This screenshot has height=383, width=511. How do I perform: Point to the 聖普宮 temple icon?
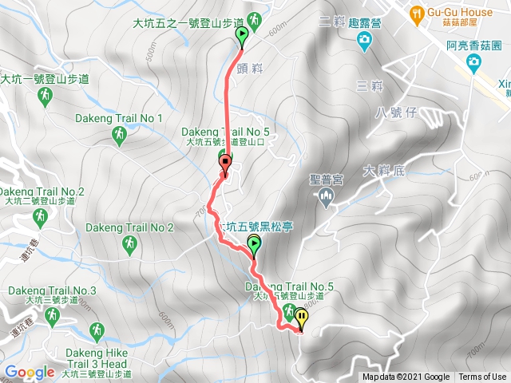(325, 198)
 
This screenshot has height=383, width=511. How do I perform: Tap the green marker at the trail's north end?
(242, 35)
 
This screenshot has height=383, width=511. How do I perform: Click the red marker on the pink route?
(225, 165)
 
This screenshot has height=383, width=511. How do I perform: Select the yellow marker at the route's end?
(302, 318)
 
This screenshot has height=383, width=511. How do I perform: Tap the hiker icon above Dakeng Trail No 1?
(120, 137)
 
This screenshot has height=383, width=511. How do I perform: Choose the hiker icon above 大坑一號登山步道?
(45, 96)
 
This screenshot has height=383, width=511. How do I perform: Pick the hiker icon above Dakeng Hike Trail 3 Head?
(97, 329)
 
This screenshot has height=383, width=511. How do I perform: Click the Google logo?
(30, 372)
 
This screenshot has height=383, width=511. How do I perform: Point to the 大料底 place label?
(384, 170)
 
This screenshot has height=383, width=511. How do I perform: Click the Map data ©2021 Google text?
(406, 377)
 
